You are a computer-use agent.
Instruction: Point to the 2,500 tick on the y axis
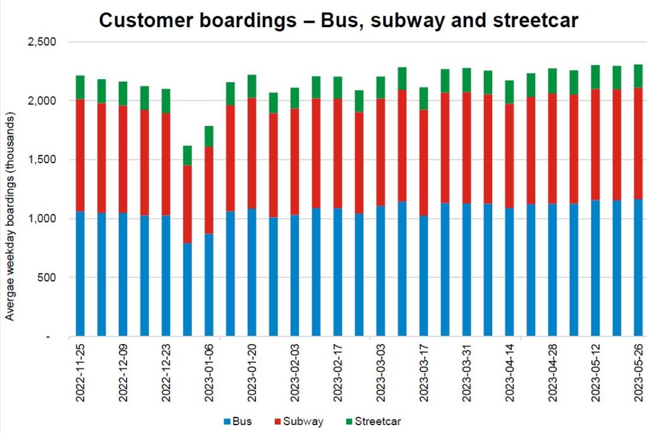(43, 42)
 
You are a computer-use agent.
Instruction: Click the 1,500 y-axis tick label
(43, 160)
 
